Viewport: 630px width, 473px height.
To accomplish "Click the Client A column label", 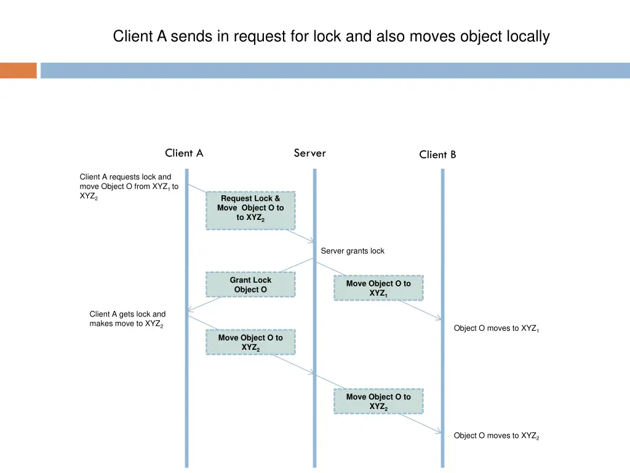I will [184, 153].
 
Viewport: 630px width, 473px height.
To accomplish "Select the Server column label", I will [309, 153].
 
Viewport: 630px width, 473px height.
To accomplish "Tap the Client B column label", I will [437, 155].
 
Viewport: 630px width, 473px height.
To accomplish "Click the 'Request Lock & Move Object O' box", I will [250, 210].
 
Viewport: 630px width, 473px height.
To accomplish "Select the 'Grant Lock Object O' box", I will [250, 285].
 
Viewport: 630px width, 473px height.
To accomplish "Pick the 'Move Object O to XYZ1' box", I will [378, 288].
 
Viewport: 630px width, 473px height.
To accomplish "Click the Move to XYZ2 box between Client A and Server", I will [250, 342].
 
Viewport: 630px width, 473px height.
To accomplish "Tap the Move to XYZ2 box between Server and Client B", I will [378, 401].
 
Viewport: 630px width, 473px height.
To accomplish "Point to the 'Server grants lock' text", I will [353, 251].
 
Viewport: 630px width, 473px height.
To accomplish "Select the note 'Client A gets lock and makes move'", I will [127, 319].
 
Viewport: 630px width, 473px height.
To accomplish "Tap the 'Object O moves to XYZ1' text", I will [496, 328].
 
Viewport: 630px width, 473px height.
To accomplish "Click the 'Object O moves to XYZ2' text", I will [496, 436].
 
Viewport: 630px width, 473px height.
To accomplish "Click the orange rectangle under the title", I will [18, 70].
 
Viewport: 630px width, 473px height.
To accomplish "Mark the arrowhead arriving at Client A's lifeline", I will [190, 309].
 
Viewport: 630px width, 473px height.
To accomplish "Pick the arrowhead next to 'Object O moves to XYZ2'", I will [439, 432].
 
